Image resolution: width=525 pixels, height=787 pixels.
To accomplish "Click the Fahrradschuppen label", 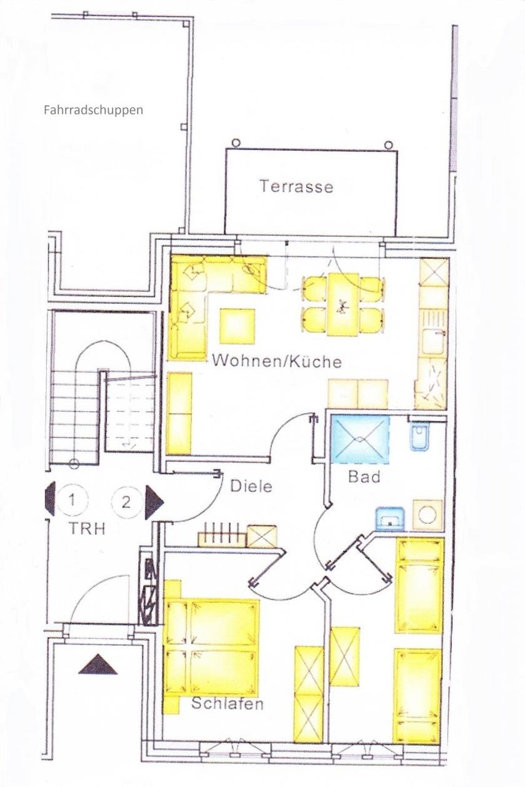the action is [x=93, y=110].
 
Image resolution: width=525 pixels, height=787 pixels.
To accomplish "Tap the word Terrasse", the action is [x=296, y=186].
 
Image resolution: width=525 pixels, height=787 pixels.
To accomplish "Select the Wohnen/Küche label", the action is [x=277, y=361].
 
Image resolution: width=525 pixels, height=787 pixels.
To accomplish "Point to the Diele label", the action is [x=251, y=486].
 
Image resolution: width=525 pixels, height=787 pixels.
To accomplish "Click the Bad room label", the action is [x=364, y=476].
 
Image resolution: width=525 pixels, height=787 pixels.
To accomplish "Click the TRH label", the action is [x=87, y=528].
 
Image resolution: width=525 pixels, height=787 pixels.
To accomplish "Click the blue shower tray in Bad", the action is [x=360, y=439].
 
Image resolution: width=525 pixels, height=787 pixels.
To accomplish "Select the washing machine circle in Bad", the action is [x=427, y=514].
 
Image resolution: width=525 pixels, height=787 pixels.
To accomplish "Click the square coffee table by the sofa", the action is [x=237, y=326].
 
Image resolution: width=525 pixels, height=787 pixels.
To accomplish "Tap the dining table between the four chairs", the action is [x=343, y=304].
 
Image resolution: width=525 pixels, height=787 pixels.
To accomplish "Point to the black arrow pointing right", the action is [x=154, y=503].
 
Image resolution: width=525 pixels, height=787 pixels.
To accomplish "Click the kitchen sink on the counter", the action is [x=434, y=343].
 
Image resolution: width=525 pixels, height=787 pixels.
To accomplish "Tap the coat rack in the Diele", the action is [x=222, y=534].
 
